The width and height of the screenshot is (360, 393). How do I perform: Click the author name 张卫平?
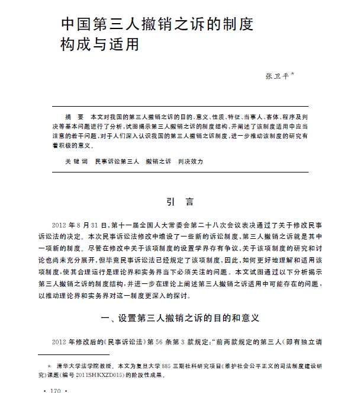pyautogui.click(x=278, y=76)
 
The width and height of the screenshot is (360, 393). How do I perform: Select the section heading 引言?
pyautogui.click(x=179, y=202)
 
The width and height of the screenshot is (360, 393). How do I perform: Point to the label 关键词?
pyautogui.click(x=76, y=161)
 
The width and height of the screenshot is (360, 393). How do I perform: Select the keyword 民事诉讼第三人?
pyautogui.click(x=117, y=161)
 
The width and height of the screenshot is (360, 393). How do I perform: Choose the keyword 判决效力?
pyautogui.click(x=190, y=161)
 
